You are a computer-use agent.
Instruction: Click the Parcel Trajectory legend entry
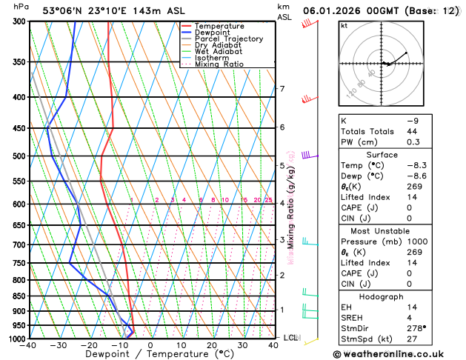[228, 39]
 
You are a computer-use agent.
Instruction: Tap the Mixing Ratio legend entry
[219, 64]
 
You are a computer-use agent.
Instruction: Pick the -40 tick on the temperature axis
[30, 345]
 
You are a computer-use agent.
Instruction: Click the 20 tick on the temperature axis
[212, 345]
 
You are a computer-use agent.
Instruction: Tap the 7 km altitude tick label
[282, 90]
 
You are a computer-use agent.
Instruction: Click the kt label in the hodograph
[344, 25]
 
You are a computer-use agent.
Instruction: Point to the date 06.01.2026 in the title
[334, 10]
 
